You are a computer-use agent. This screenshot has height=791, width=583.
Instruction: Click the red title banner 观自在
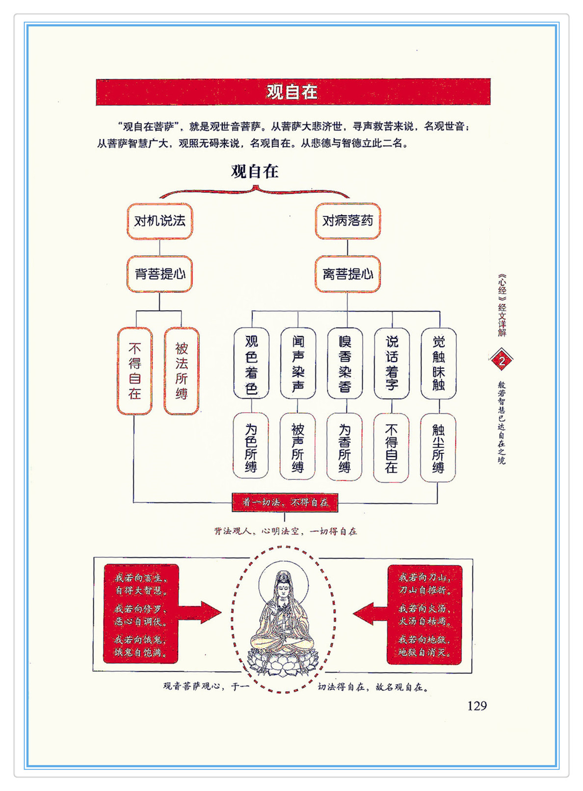(x=293, y=92)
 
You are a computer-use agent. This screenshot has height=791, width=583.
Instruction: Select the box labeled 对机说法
(x=160, y=221)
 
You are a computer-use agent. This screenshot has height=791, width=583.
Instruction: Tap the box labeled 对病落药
(x=347, y=221)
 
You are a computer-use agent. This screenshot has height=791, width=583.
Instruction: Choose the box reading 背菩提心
(x=160, y=274)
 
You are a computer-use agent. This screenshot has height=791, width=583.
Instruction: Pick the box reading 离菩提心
(x=347, y=274)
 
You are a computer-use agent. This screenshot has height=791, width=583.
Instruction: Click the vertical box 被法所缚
(x=182, y=371)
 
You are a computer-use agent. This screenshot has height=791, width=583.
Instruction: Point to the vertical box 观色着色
(x=251, y=364)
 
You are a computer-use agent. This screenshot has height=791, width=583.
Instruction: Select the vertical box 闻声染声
(x=298, y=364)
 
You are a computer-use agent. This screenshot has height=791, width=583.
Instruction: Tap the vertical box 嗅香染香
(x=345, y=364)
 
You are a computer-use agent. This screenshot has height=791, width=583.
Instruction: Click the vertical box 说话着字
(x=392, y=364)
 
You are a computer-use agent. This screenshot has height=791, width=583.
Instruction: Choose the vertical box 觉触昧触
(x=439, y=364)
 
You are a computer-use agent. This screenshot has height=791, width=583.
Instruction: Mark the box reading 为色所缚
(x=251, y=446)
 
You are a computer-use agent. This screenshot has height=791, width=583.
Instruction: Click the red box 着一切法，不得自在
(x=285, y=502)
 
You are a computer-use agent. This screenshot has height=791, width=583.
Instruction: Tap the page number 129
(x=477, y=706)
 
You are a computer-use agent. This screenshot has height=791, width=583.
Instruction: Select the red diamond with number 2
(x=502, y=361)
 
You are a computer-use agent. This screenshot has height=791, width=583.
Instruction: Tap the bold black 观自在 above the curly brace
(x=255, y=172)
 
